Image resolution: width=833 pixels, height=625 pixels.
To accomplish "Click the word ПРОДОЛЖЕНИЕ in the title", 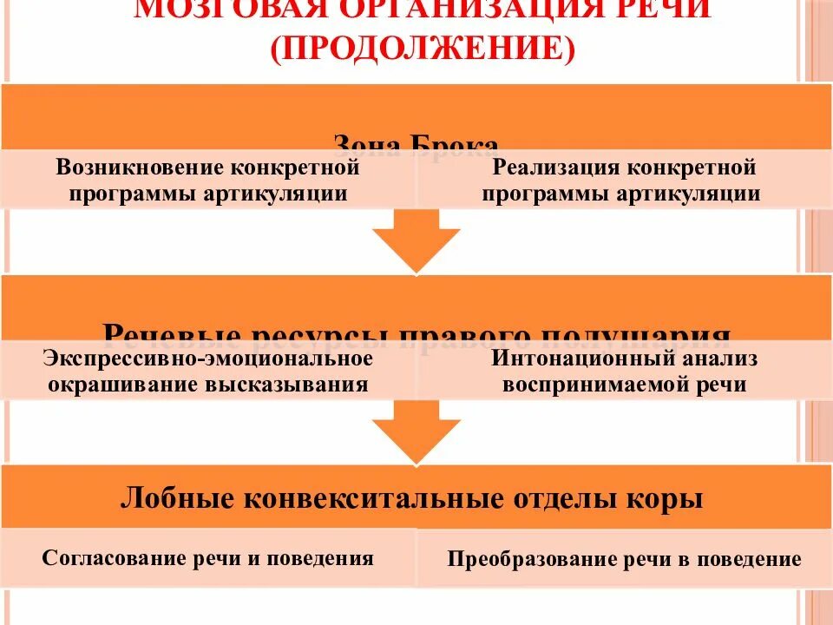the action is (x=422, y=47).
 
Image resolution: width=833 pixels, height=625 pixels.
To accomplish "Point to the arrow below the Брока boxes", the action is (x=416, y=241).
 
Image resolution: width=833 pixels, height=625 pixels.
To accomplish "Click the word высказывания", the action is (x=289, y=385).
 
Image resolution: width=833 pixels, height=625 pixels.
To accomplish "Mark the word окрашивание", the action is (x=124, y=385).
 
